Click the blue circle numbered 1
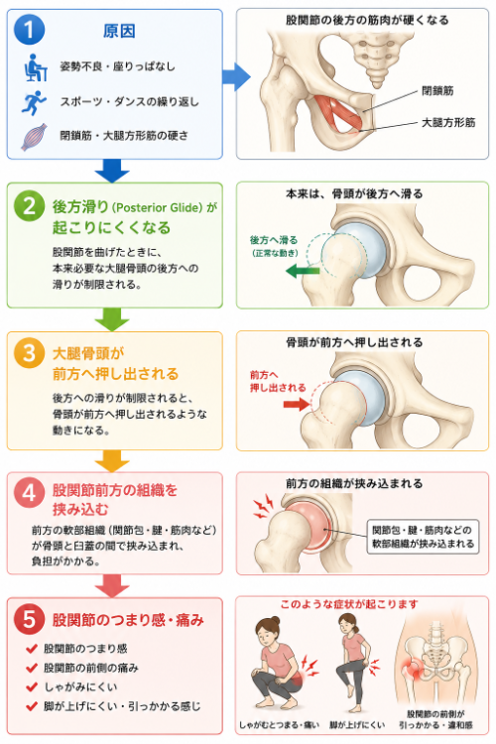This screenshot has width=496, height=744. [x=30, y=30]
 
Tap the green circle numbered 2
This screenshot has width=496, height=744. [x=30, y=206]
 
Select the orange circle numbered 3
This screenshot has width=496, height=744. [x=30, y=353]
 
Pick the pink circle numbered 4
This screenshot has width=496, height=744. [x=30, y=492]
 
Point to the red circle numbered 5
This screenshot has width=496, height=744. [x=30, y=619]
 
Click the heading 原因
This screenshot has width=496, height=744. [x=119, y=31]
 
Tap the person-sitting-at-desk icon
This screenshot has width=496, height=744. [x=36, y=67]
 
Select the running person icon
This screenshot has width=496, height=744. [x=34, y=102]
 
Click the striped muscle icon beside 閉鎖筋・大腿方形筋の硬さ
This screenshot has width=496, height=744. [x=34, y=137]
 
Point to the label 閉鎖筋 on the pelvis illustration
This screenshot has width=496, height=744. [x=437, y=90]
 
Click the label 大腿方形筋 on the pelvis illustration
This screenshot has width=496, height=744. [x=448, y=122]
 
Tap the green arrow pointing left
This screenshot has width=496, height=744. [x=303, y=271]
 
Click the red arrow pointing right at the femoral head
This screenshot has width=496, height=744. [x=297, y=405]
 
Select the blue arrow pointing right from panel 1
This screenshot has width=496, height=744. [x=236, y=76]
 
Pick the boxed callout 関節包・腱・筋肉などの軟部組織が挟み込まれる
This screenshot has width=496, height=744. [x=423, y=537]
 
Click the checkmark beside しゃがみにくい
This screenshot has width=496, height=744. [x=32, y=686]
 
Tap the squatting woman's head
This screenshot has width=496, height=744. [x=268, y=631]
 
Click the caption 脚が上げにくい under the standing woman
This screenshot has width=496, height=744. [x=357, y=724]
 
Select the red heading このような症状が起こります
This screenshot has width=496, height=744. [x=349, y=604]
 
